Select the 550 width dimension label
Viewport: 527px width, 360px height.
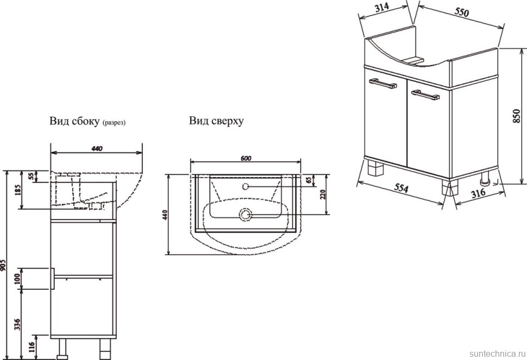(x=462, y=12)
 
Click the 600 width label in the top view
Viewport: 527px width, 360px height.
(x=245, y=158)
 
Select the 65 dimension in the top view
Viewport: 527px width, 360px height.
(x=308, y=181)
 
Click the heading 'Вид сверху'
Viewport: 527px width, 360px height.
(x=216, y=121)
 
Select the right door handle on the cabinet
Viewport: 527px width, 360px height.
(x=425, y=95)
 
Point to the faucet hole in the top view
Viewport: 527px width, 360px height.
(x=244, y=187)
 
